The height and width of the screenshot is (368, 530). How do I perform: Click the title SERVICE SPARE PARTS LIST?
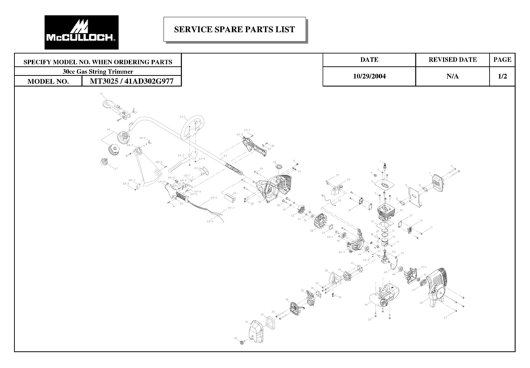coord(234,30)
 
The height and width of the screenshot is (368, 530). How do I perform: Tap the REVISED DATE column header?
coord(452,60)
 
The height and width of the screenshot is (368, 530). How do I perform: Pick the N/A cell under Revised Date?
coord(452,76)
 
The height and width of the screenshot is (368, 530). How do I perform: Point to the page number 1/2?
coord(502,76)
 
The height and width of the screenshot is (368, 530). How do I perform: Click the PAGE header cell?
coord(502,60)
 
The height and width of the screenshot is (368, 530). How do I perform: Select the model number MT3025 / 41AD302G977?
coord(131,82)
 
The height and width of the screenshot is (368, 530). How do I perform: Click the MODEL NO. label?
coord(48,83)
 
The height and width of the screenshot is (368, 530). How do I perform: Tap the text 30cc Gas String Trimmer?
coord(98,71)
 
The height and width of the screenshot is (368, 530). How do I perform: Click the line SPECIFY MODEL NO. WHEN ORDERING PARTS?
coord(98,62)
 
